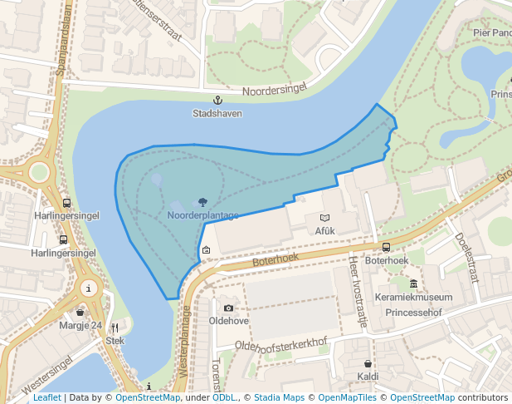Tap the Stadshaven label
tap(217, 113)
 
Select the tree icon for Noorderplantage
tap(203, 202)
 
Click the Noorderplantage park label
tap(202, 215)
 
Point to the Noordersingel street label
tap(275, 90)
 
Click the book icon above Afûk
tap(324, 218)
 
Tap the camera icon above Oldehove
tap(229, 308)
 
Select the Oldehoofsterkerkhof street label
tap(281, 342)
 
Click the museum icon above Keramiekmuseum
tap(414, 284)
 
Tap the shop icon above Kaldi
tap(368, 363)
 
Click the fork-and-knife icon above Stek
tap(115, 328)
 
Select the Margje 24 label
tap(80, 325)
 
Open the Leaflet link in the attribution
tap(46, 397)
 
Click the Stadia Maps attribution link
tap(283, 397)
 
